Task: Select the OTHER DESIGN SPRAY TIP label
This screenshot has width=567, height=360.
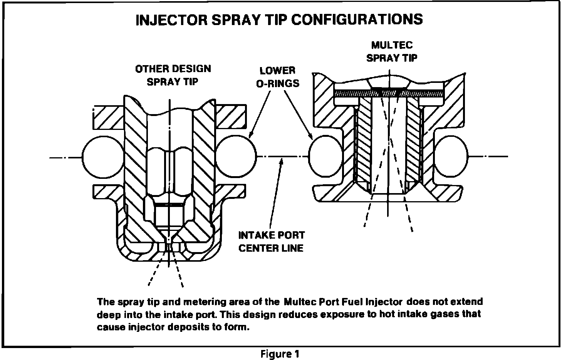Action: coord(173,75)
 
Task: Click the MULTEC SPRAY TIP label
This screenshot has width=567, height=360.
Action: coord(391,51)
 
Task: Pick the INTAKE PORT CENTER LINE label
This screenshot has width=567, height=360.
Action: coord(271,241)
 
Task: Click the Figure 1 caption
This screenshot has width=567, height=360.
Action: coord(279,353)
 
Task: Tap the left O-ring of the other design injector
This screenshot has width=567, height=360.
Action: coord(101,156)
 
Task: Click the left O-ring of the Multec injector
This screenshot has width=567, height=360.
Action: coord(326,156)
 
